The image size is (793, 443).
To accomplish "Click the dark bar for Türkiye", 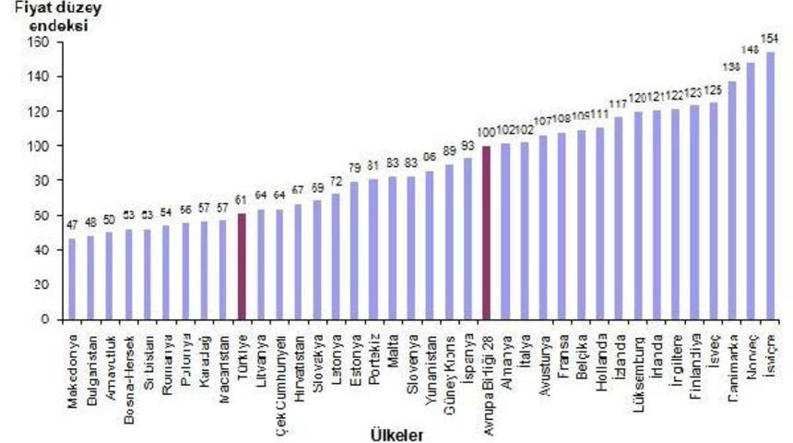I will point(243,267).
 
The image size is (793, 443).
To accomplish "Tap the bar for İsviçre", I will point(770,186).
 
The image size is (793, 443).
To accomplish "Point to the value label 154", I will point(770,38).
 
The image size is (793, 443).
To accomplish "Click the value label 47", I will point(72,226).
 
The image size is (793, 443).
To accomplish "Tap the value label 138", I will point(731,67).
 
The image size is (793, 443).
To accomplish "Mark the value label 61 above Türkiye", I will point(243,200).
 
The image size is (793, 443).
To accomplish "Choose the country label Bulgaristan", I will point(91,360).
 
